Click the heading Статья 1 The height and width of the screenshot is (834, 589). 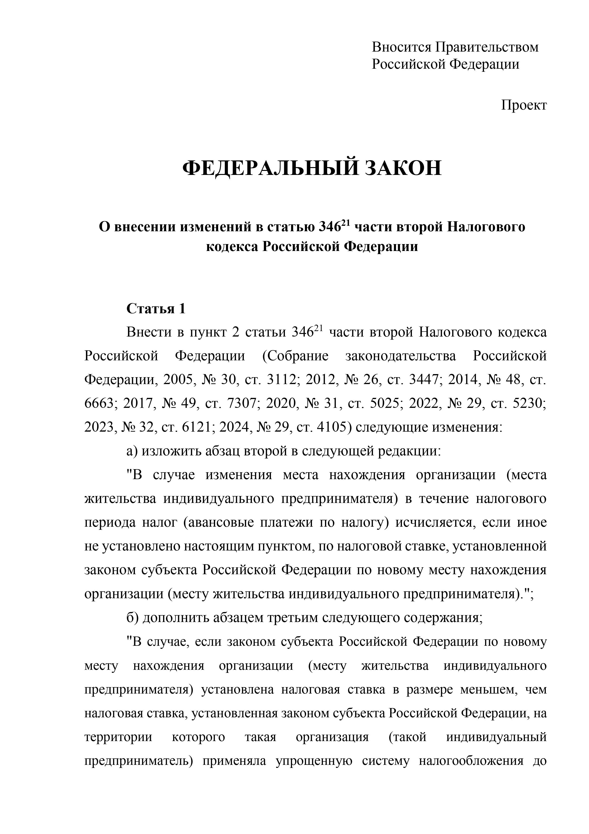coord(156,309)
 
